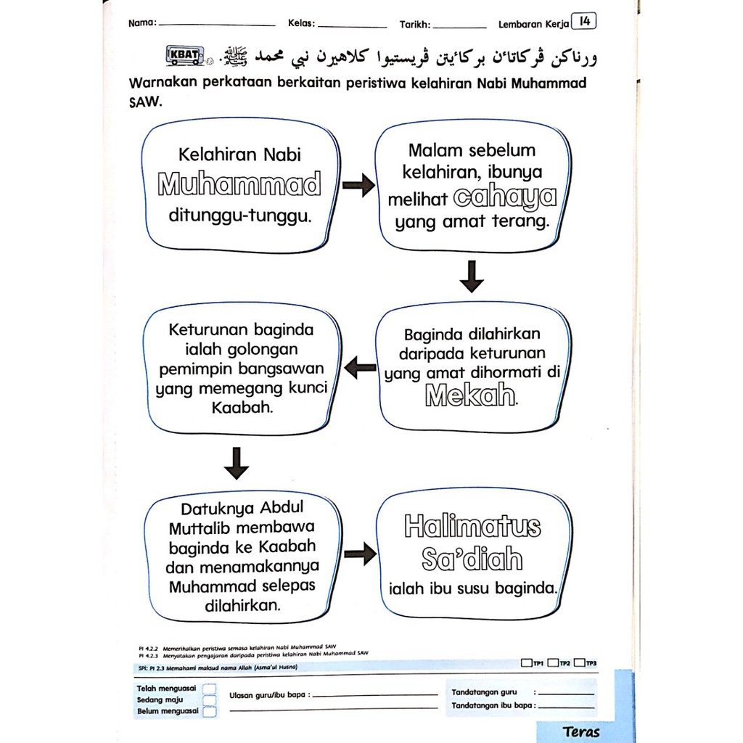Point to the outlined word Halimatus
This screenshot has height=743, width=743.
(472, 526)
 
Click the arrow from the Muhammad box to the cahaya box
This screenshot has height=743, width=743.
(358, 186)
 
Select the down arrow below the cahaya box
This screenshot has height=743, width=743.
(472, 276)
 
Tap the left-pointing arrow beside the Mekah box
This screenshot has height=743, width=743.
(359, 369)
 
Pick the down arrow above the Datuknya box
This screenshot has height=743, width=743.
(237, 463)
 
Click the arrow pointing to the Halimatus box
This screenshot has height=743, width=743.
(359, 555)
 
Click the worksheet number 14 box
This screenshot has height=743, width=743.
(584, 22)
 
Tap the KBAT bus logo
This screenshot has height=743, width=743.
(186, 56)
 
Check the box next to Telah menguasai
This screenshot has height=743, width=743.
(209, 689)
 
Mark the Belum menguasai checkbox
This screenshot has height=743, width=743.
(209, 712)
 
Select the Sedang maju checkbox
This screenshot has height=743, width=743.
(209, 700)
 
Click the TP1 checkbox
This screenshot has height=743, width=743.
(526, 662)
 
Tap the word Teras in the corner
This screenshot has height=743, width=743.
(581, 731)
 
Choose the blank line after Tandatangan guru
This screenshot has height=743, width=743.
(567, 694)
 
